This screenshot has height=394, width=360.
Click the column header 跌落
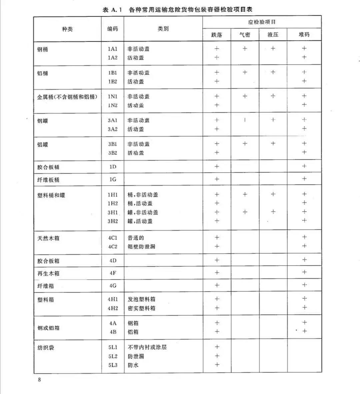click(217, 35)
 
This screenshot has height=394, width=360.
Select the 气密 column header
click(245, 35)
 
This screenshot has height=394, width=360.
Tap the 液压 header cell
click(273, 35)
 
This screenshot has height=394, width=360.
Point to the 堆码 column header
click(304, 35)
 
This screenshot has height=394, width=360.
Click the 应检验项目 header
click(262, 22)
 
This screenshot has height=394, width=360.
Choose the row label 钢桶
click(43, 49)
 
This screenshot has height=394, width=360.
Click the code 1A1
click(113, 49)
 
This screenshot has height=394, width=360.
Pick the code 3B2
click(113, 153)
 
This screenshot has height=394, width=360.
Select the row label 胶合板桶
click(48, 167)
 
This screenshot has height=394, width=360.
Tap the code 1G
click(113, 180)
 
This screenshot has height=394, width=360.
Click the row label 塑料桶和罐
click(51, 195)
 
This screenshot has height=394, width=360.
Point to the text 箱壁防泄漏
click(141, 247)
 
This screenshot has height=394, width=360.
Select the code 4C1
click(113, 238)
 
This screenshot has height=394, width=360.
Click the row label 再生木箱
click(48, 273)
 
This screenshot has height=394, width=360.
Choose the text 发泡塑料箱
click(141, 299)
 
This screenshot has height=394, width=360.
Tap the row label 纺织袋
click(46, 348)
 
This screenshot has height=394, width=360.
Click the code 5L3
click(113, 365)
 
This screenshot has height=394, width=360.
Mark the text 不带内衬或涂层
click(147, 347)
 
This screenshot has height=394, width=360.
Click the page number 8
click(39, 380)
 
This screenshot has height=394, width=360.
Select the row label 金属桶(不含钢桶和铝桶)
click(67, 97)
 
